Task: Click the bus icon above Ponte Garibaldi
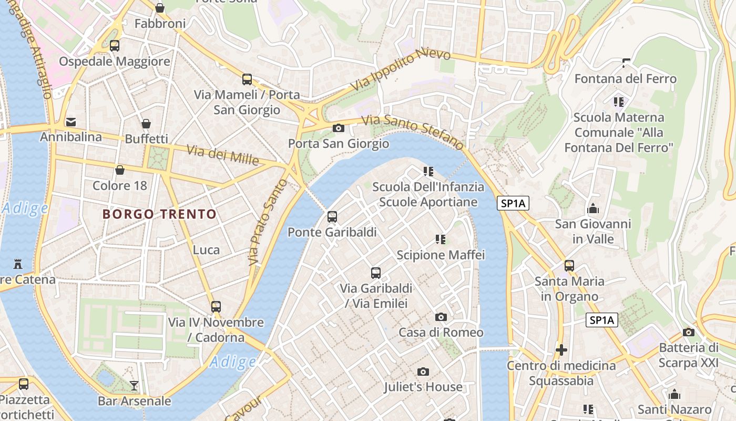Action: coord(332,216)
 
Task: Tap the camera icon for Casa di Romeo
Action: coord(441,317)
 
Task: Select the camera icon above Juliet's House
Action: coord(423,372)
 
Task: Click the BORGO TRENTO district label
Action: coord(159,214)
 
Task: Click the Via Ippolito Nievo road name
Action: coord(401,69)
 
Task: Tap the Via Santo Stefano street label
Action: coord(413,131)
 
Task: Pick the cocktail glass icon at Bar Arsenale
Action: coord(134,386)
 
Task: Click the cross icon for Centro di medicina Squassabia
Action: coord(561,350)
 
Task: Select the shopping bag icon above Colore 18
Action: coord(120,170)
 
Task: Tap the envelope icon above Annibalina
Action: coord(70,122)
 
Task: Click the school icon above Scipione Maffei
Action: coord(441,240)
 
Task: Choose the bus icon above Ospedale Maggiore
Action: coord(115,46)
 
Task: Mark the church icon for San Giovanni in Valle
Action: coord(593,209)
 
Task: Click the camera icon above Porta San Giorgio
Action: coord(339,128)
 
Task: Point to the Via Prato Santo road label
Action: coord(268,222)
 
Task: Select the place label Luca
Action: coord(206,250)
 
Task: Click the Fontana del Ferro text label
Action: coord(625,79)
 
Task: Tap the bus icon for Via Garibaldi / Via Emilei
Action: coord(375,273)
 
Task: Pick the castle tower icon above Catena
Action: coord(18,264)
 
